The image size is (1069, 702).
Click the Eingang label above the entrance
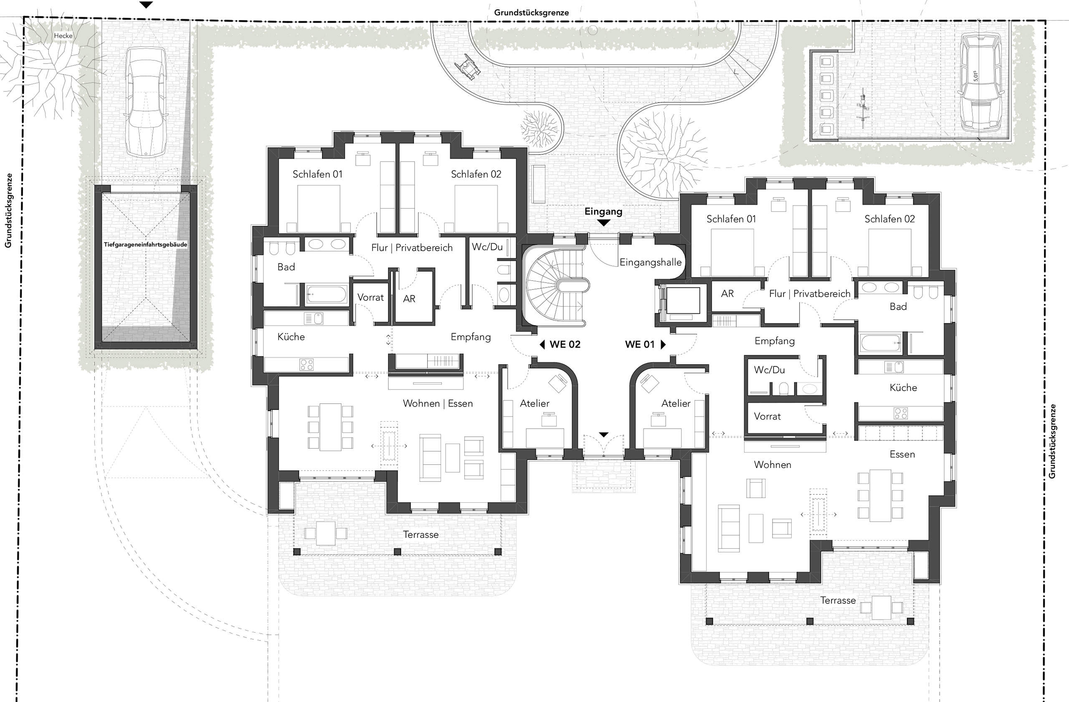coord(603,211)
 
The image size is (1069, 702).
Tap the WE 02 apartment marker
coord(560,344)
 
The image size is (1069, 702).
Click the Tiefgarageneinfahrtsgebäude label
coord(146,244)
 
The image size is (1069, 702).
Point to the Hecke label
coord(63,36)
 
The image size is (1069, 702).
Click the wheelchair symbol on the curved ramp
coord(467,66)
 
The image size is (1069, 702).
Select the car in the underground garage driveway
coord(146,102)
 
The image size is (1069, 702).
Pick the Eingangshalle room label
coord(651,262)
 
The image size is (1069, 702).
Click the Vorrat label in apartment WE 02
coord(370,297)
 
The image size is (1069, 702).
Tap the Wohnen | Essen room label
coord(438,403)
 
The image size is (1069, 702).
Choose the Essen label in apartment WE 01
coord(902,454)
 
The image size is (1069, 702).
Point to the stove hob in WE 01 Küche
coord(901,413)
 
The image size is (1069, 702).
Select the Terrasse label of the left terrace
coord(421,534)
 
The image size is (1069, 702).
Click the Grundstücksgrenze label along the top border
coord(531,13)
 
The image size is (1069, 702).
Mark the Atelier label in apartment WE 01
coord(676,403)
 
